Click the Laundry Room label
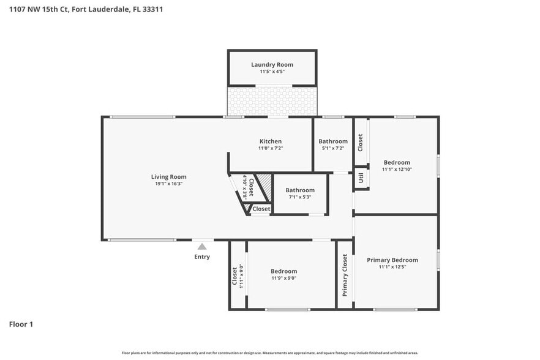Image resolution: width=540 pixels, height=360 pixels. click(272, 64)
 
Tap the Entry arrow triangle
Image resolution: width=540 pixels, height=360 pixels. click(202, 247)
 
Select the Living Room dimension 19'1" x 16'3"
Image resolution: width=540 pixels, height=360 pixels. click(168, 184)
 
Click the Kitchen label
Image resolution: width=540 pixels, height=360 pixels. click(270, 141)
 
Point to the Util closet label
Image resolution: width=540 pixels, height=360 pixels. click(361, 178)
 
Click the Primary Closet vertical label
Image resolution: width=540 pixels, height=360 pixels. click(345, 276)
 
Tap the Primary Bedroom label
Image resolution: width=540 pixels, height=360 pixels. click(392, 260)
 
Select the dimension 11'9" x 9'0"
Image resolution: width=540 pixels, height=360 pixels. click(284, 278)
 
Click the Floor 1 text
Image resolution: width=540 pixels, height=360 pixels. click(21, 324)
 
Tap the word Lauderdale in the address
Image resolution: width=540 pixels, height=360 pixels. click(110, 9)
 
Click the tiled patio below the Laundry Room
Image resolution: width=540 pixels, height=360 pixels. click(272, 100)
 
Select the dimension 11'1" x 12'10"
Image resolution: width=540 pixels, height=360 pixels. click(397, 170)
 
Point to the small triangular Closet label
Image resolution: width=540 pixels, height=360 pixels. click(261, 209)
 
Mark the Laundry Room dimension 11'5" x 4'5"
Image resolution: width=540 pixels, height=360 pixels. click(272, 72)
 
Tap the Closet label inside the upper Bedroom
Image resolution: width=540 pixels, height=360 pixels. click(361, 143)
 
